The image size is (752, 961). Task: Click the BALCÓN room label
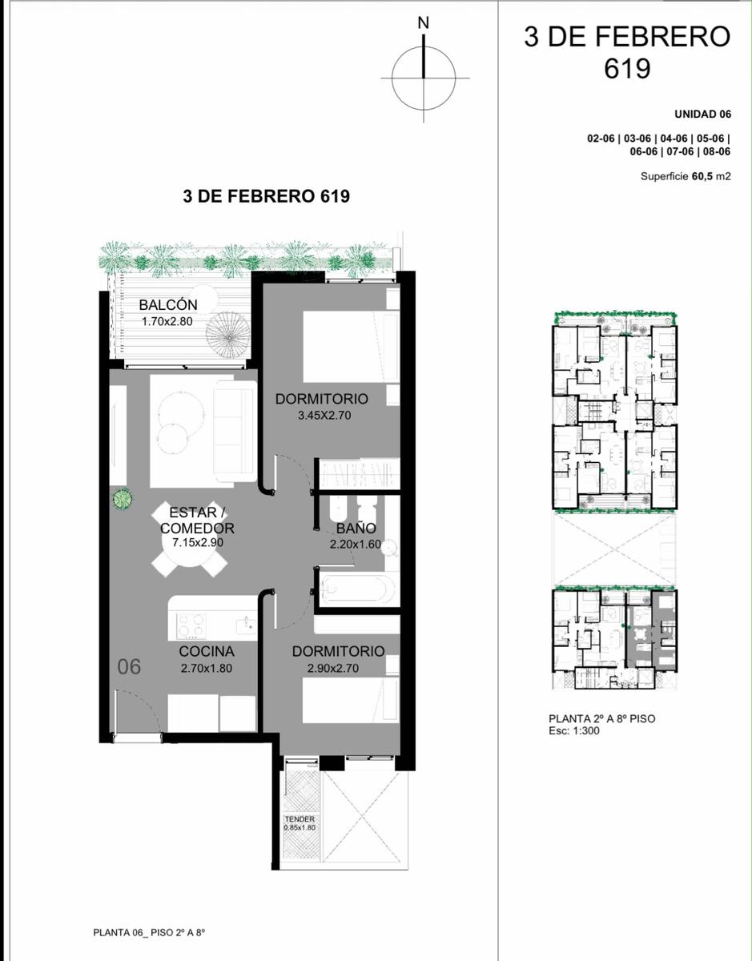[x=168, y=304]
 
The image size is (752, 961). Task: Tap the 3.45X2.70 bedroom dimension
[x=324, y=416]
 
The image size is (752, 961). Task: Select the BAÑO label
[x=356, y=528]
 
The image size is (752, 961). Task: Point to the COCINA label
[x=207, y=651]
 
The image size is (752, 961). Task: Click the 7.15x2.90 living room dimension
[x=198, y=542]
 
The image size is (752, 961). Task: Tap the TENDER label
[x=300, y=819]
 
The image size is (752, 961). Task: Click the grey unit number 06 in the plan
[x=129, y=666]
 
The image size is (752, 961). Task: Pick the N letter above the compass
[x=424, y=23]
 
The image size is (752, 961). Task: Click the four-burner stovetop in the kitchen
[x=191, y=625]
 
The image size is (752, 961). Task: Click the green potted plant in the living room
[x=122, y=500]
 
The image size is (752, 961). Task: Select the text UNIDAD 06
[x=702, y=114]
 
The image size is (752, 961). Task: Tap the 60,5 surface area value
[x=702, y=176]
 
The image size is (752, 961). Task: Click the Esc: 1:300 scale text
[x=574, y=730]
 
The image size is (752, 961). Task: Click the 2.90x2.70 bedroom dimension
[x=333, y=668]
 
